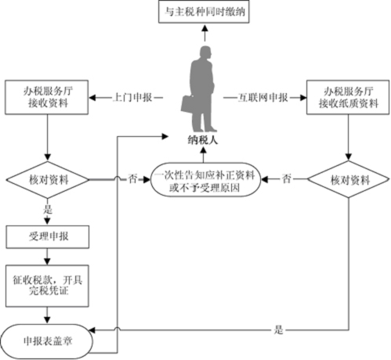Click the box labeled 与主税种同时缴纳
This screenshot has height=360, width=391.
(x=204, y=12)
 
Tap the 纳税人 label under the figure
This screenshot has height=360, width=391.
(x=203, y=140)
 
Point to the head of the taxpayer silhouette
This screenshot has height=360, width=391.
(x=205, y=52)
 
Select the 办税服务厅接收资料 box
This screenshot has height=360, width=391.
(x=46, y=97)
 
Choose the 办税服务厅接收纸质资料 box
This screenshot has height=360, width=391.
(x=348, y=97)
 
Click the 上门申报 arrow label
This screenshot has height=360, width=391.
(x=132, y=98)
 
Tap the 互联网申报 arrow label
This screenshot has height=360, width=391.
(x=262, y=98)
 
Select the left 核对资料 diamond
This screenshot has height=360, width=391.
(x=48, y=180)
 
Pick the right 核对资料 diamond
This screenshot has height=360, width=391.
(x=349, y=179)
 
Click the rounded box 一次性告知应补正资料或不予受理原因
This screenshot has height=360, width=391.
(x=206, y=180)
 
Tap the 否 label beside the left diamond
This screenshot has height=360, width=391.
(x=132, y=179)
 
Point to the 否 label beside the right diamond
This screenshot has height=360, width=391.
(x=286, y=179)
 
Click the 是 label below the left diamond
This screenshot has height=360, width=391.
(x=48, y=209)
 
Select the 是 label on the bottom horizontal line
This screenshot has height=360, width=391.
(x=279, y=329)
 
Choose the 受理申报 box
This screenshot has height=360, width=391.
(x=48, y=237)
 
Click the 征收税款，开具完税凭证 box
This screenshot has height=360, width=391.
(x=47, y=286)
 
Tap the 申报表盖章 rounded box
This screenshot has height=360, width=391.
(x=47, y=341)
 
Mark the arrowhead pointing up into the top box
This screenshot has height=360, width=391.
(x=205, y=28)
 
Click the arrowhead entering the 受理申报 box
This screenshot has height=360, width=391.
(x=47, y=221)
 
